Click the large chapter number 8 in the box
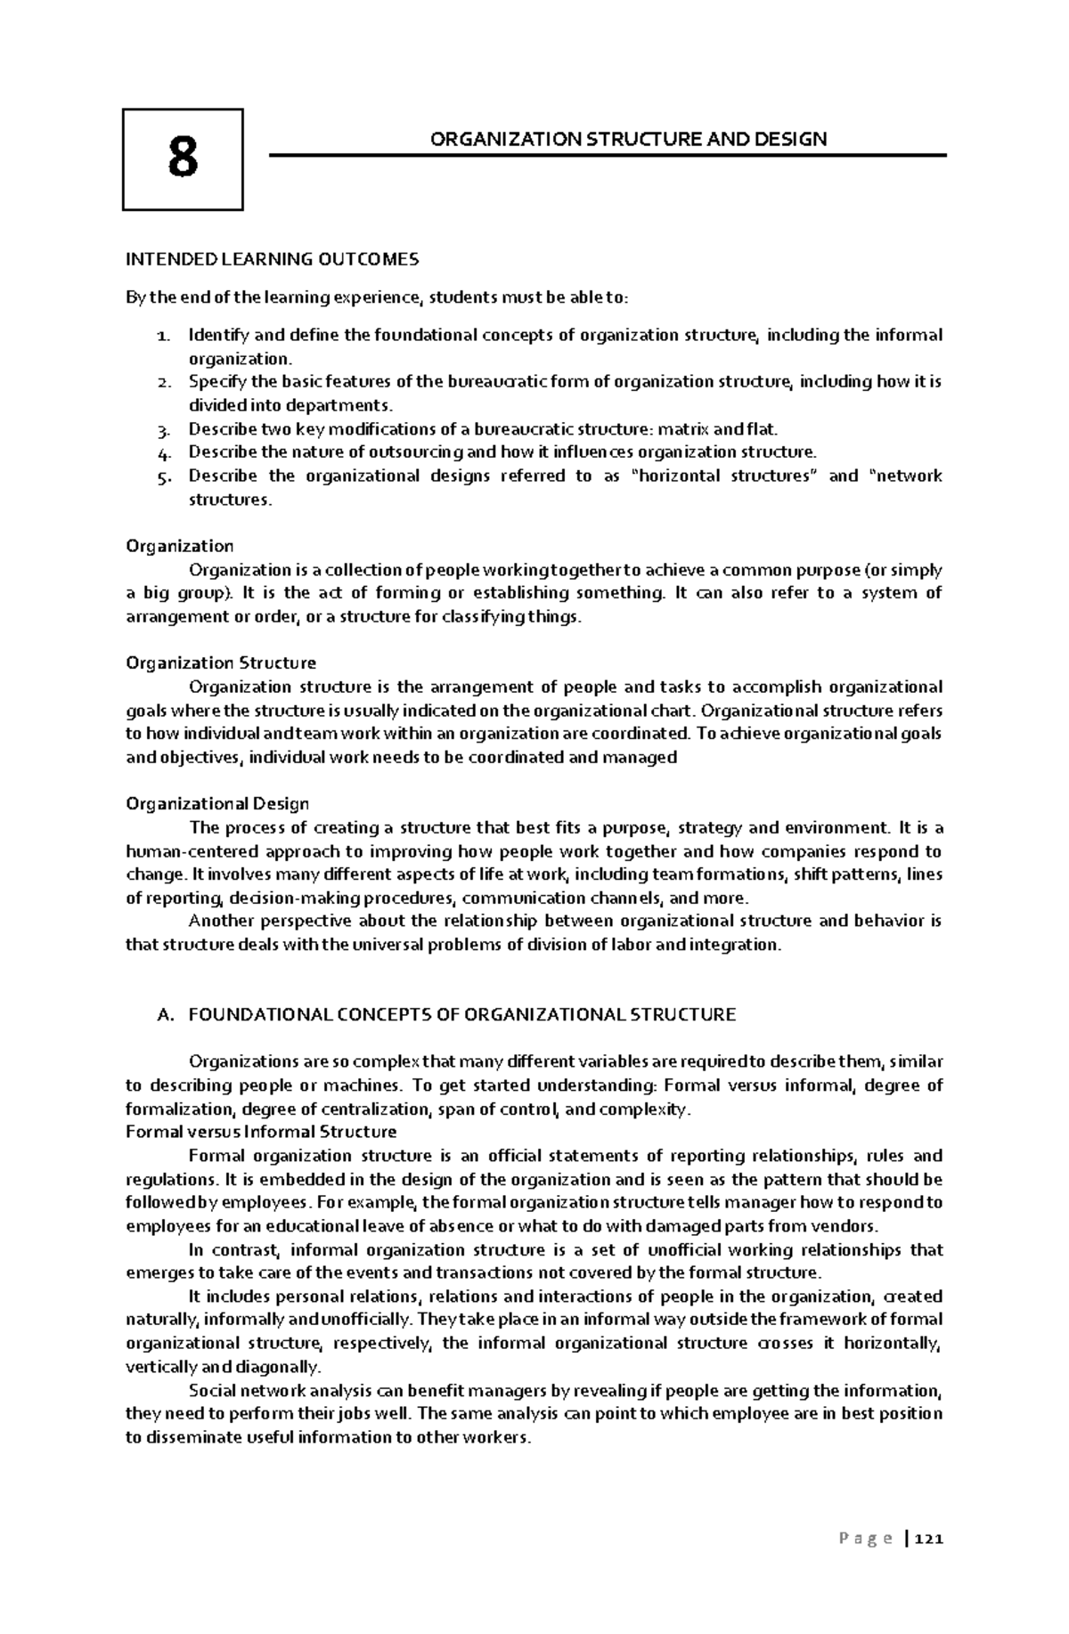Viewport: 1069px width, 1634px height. [x=183, y=159]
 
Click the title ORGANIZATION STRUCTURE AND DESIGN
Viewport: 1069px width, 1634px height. [x=628, y=139]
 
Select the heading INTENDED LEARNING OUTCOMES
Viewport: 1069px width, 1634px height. [x=271, y=259]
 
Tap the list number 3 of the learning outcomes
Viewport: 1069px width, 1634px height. [x=161, y=430]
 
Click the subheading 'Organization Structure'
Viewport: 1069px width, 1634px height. [x=220, y=663]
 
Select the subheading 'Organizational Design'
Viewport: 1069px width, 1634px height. [x=217, y=803]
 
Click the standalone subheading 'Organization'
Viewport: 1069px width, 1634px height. [x=179, y=546]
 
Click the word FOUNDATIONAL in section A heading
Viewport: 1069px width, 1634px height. [x=258, y=1014]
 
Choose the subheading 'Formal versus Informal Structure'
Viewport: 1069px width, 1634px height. [x=261, y=1132]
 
